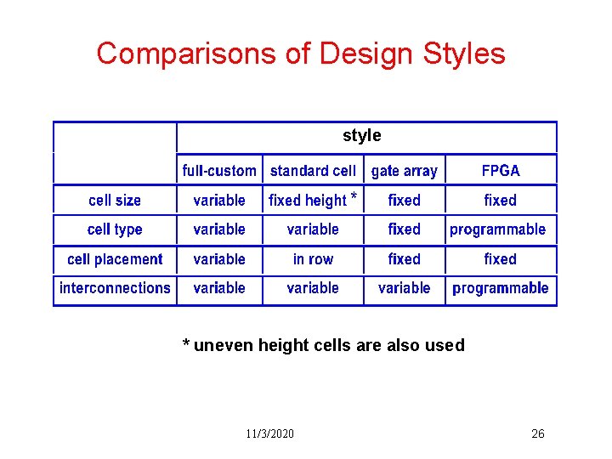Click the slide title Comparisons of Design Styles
pyautogui.click(x=301, y=54)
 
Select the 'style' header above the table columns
pyautogui.click(x=361, y=136)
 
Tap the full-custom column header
pyautogui.click(x=219, y=171)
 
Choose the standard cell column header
pyautogui.click(x=313, y=171)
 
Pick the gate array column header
pyautogui.click(x=404, y=171)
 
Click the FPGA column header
pyautogui.click(x=500, y=171)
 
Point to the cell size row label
pyautogui.click(x=115, y=201)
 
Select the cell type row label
pyautogui.click(x=115, y=229)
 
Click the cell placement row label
pyautogui.click(x=115, y=259)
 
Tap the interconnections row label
pyautogui.click(x=115, y=288)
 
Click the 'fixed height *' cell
pyautogui.click(x=312, y=201)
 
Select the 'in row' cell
pyautogui.click(x=313, y=259)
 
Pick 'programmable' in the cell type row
pyautogui.click(x=498, y=229)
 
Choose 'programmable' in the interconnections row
pyautogui.click(x=500, y=288)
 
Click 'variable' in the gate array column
pyautogui.click(x=404, y=288)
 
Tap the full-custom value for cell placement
pyautogui.click(x=219, y=259)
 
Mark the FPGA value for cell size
pyautogui.click(x=500, y=201)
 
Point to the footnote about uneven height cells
pyautogui.click(x=324, y=345)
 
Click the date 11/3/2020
pyautogui.click(x=269, y=434)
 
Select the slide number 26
pyautogui.click(x=537, y=434)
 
